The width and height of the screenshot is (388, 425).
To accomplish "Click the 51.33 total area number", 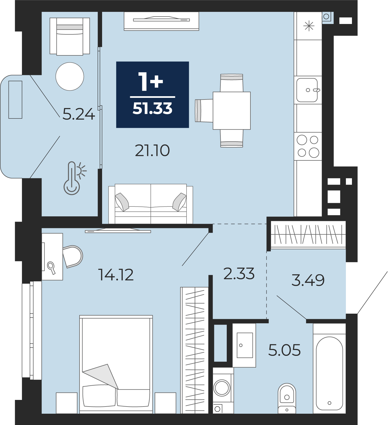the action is (x=152, y=108).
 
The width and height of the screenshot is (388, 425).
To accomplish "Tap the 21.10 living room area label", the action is (x=152, y=150).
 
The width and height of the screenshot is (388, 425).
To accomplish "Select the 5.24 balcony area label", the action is (x=79, y=114).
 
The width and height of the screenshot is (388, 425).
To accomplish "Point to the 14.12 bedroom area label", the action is (x=116, y=275).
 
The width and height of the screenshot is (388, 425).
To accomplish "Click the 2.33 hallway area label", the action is (x=239, y=274).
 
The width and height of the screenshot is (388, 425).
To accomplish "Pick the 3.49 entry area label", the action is (x=308, y=280).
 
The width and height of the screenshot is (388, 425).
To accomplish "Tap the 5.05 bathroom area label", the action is (x=284, y=350).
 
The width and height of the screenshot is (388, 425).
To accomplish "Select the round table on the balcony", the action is (x=70, y=76).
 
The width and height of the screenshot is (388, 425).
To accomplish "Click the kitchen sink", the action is (x=307, y=90).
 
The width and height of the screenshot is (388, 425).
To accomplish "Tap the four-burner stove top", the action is (x=308, y=146).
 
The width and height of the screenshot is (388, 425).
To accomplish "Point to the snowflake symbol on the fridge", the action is (x=309, y=26).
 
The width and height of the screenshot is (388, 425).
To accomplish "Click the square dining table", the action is (x=232, y=111).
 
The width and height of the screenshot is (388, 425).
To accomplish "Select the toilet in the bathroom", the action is (x=287, y=399).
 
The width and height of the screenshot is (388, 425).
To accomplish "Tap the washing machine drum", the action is (x=222, y=388).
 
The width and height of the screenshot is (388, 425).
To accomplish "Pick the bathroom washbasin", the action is (x=244, y=345).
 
